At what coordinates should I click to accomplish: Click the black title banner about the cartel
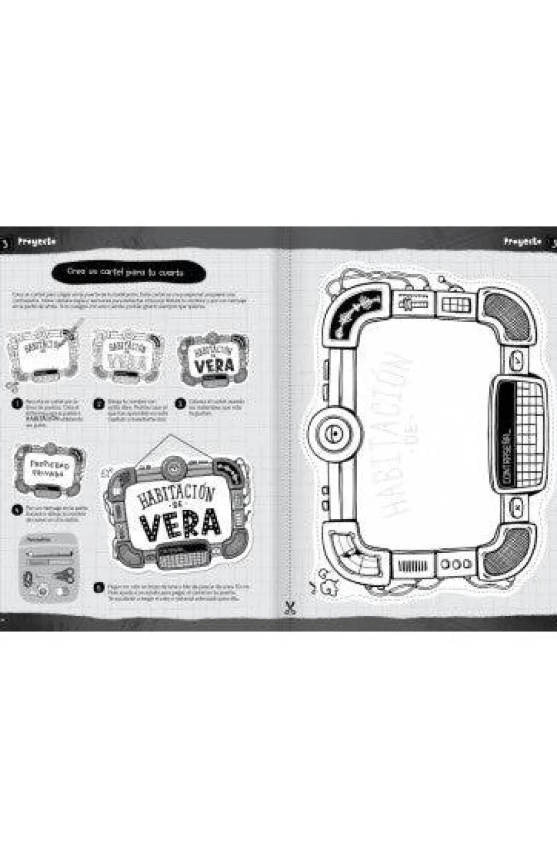pos(128,272)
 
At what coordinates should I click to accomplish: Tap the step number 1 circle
pos(17,403)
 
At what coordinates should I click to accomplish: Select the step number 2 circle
pos(99,403)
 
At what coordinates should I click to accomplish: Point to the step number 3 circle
pos(181,403)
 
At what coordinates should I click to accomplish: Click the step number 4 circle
pos(17,509)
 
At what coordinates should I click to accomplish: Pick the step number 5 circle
pos(99,587)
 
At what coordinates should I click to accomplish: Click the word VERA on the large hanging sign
pos(180,523)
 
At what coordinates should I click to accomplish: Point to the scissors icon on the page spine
pos(290,608)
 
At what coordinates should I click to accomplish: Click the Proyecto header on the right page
pos(522,242)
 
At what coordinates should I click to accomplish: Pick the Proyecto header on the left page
pos(37,242)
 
